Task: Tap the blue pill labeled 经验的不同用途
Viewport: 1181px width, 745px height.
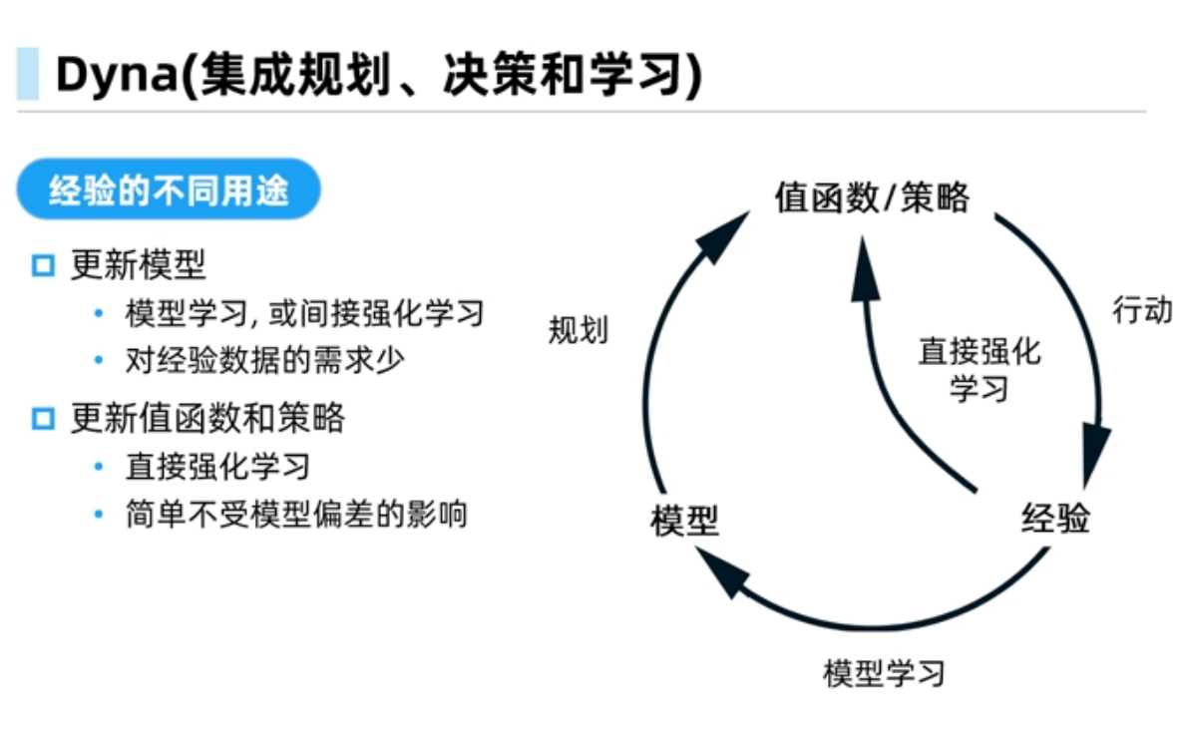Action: [x=169, y=189]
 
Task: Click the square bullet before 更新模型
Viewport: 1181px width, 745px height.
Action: [x=42, y=266]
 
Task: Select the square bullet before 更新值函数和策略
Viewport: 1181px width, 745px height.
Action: [x=42, y=418]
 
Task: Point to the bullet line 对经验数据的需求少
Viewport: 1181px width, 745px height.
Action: [x=265, y=360]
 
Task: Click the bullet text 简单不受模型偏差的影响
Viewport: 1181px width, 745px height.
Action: [x=296, y=515]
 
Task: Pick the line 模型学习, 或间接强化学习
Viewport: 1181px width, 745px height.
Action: [x=304, y=313]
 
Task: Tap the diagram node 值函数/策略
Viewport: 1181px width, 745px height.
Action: [x=872, y=197]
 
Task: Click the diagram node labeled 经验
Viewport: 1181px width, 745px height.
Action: [x=1055, y=519]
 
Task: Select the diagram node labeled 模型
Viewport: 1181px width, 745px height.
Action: [x=685, y=521]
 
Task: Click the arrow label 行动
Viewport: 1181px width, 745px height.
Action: [x=1142, y=310]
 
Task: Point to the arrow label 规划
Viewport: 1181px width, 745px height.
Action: [x=578, y=330]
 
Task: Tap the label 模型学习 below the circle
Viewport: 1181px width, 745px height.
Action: [x=884, y=672]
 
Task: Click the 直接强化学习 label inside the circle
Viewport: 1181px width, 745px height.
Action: [x=979, y=369]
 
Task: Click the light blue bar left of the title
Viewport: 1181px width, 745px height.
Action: [x=28, y=74]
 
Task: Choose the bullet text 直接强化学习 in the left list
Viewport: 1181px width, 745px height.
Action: [x=217, y=466]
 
